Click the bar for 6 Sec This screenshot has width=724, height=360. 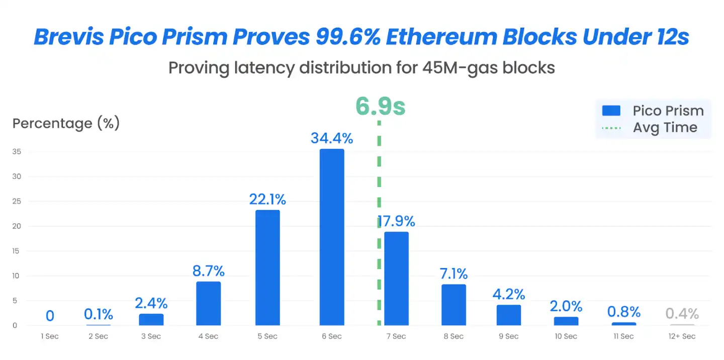pos(332,237)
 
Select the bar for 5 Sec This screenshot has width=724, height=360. pos(267,267)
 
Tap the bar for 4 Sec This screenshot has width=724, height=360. pos(208,303)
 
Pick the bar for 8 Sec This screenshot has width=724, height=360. pos(454,305)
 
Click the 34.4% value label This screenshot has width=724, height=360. pos(332,138)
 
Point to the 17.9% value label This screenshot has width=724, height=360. pos(396,221)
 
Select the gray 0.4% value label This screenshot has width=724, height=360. pos(682,314)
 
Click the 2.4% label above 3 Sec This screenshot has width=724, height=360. pos(151,303)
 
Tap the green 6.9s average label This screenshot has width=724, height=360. pos(380,107)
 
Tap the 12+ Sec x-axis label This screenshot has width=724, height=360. pos(682,336)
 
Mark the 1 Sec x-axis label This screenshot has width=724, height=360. pos(50,336)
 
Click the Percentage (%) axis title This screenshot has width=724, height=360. pos(66,124)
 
